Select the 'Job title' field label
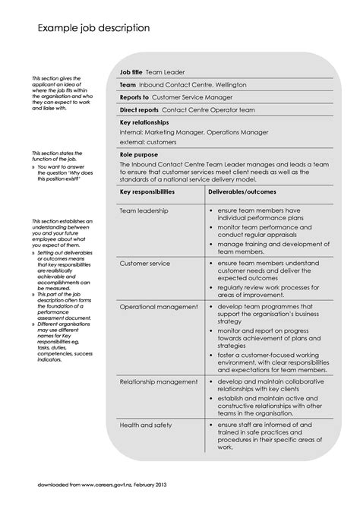131,72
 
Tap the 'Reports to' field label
134,97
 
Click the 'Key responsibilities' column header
147,192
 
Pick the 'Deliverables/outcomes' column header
242,192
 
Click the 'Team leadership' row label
144,210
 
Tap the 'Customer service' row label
145,263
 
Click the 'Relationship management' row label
158,381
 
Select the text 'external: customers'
148,141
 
